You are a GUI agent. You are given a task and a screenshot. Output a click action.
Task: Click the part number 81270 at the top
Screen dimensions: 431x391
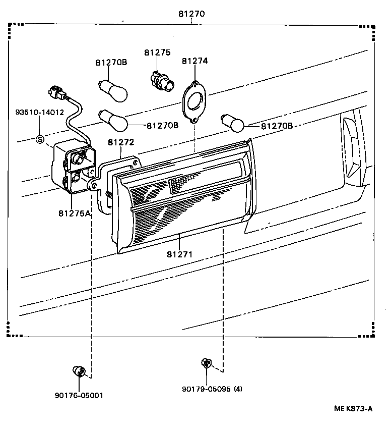[191, 14]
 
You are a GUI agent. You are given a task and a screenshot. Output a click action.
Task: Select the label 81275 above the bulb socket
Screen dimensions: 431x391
[157, 52]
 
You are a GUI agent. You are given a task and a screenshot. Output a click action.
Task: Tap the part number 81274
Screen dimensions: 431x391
[195, 61]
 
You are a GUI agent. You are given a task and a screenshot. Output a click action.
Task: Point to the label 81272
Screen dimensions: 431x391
[121, 143]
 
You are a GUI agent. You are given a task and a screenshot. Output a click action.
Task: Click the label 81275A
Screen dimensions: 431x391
[74, 213]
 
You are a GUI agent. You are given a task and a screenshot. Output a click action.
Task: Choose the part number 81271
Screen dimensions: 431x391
[180, 254]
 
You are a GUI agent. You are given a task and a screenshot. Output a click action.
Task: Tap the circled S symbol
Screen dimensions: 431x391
[40, 139]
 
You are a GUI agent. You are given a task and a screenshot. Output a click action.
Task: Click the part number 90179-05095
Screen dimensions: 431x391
[206, 389]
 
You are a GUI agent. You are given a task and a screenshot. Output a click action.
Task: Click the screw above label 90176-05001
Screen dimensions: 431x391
[79, 371]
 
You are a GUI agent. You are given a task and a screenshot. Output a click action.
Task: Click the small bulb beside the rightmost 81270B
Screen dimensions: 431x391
[233, 122]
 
